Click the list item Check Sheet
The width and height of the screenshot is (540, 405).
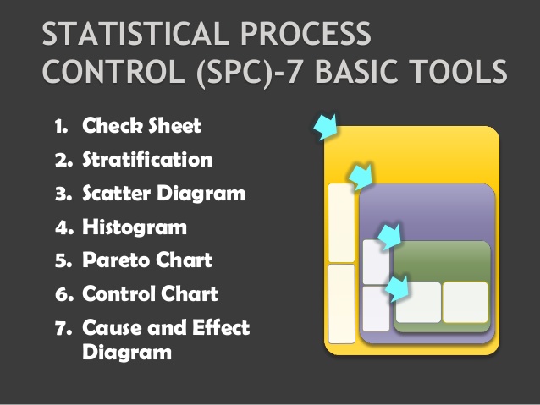pyautogui.click(x=141, y=127)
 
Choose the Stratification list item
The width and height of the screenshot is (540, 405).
pyautogui.click(x=146, y=159)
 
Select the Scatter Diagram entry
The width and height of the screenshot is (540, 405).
pyautogui.click(x=163, y=193)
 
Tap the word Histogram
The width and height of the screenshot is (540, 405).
pyautogui.click(x=134, y=227)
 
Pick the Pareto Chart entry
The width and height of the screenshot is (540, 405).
pyautogui.click(x=146, y=260)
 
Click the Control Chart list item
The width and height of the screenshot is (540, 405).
pyautogui.click(x=150, y=293)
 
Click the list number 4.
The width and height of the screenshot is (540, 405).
pyautogui.click(x=62, y=227)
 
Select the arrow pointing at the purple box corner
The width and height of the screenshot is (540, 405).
pyautogui.click(x=361, y=178)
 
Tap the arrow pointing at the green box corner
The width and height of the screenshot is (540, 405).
pyautogui.click(x=389, y=236)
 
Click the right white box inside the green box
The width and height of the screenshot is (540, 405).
pyautogui.click(x=465, y=302)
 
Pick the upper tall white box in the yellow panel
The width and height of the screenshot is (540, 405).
pyautogui.click(x=341, y=222)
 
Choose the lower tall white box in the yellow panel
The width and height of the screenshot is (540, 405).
pyautogui.click(x=341, y=304)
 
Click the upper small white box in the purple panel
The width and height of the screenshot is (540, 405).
pyautogui.click(x=375, y=261)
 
